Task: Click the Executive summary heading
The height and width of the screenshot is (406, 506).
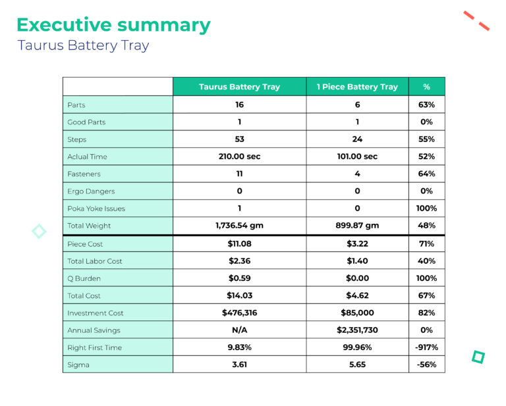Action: (x=113, y=25)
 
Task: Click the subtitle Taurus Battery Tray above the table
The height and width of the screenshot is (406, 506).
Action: (x=83, y=45)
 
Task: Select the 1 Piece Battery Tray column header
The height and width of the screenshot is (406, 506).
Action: (x=357, y=87)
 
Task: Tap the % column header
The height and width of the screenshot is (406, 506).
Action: (x=426, y=87)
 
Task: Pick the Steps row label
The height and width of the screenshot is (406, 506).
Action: (x=76, y=140)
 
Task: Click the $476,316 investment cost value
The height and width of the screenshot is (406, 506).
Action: (x=239, y=313)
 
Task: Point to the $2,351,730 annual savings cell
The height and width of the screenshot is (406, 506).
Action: (x=357, y=330)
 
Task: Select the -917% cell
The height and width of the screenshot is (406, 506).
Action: (x=426, y=347)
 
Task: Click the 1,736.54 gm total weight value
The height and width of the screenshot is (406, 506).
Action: (x=239, y=226)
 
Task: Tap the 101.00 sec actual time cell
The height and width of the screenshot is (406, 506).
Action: (x=357, y=157)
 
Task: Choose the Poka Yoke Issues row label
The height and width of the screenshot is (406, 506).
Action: (x=96, y=209)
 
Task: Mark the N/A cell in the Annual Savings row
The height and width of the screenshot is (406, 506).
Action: (x=239, y=330)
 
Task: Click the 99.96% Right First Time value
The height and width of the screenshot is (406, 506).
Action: (x=357, y=347)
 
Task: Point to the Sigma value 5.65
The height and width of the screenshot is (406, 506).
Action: (x=357, y=365)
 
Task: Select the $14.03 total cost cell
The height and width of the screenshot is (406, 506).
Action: (x=239, y=295)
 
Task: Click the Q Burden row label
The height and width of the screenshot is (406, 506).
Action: (x=84, y=278)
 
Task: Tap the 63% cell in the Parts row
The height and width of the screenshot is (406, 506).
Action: (x=426, y=105)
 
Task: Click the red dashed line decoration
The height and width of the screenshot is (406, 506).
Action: (x=476, y=20)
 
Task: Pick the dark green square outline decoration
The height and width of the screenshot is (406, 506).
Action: (x=478, y=357)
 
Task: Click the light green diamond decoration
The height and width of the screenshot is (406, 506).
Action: (x=39, y=231)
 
